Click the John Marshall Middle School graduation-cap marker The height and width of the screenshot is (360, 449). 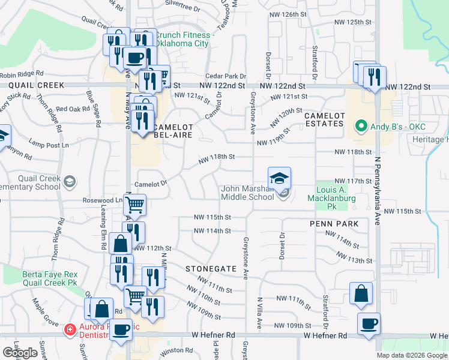(279, 179)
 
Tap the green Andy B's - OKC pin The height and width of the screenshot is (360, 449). (361, 127)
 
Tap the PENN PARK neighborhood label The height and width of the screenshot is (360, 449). (334, 224)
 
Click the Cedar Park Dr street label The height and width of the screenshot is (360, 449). (226, 76)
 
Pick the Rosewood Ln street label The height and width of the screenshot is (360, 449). (103, 200)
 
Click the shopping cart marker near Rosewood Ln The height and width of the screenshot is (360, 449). (135, 205)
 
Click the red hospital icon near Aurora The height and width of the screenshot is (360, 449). (70, 329)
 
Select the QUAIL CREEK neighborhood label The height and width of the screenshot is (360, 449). (37, 85)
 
